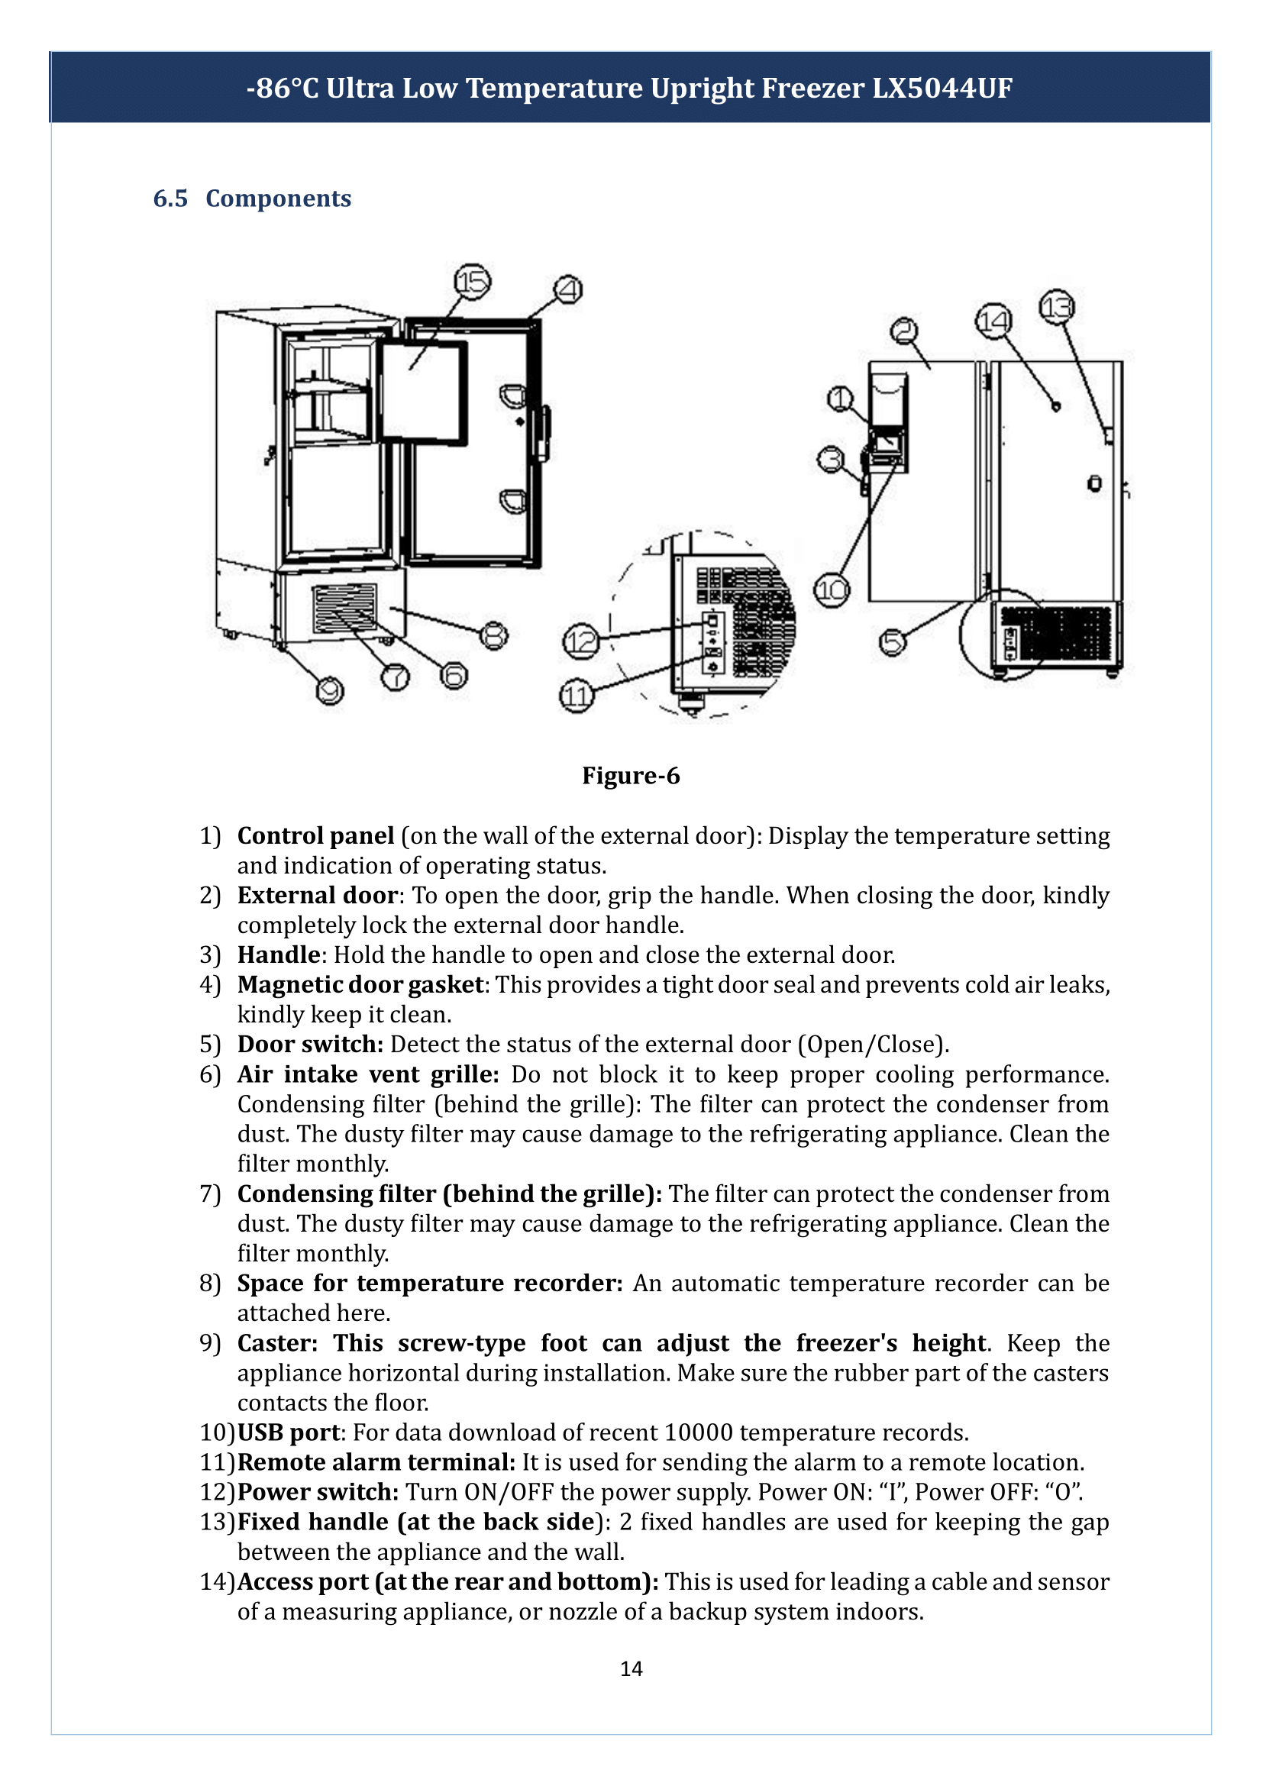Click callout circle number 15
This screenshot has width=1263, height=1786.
click(x=473, y=282)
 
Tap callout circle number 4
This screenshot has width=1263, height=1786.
click(x=569, y=290)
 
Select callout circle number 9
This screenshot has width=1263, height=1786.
click(x=330, y=690)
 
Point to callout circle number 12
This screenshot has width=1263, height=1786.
click(x=581, y=641)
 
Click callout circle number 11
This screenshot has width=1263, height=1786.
click(x=577, y=696)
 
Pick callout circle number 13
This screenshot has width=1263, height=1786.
click(x=1057, y=307)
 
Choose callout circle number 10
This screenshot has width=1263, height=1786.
click(x=832, y=590)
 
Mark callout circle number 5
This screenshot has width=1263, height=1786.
click(x=893, y=641)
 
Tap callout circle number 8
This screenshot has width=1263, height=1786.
click(x=494, y=635)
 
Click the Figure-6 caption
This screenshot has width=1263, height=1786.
click(x=631, y=776)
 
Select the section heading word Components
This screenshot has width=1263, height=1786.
click(x=279, y=199)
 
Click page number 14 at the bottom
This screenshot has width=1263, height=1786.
click(x=631, y=1668)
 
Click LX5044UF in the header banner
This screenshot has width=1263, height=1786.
click(x=942, y=88)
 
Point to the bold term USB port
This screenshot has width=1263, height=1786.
click(x=289, y=1432)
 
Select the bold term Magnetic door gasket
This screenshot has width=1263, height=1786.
click(x=361, y=985)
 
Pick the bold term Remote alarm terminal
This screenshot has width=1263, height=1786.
click(x=376, y=1462)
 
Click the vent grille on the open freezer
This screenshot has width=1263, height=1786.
click(x=344, y=609)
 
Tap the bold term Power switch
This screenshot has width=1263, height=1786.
click(x=318, y=1493)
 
